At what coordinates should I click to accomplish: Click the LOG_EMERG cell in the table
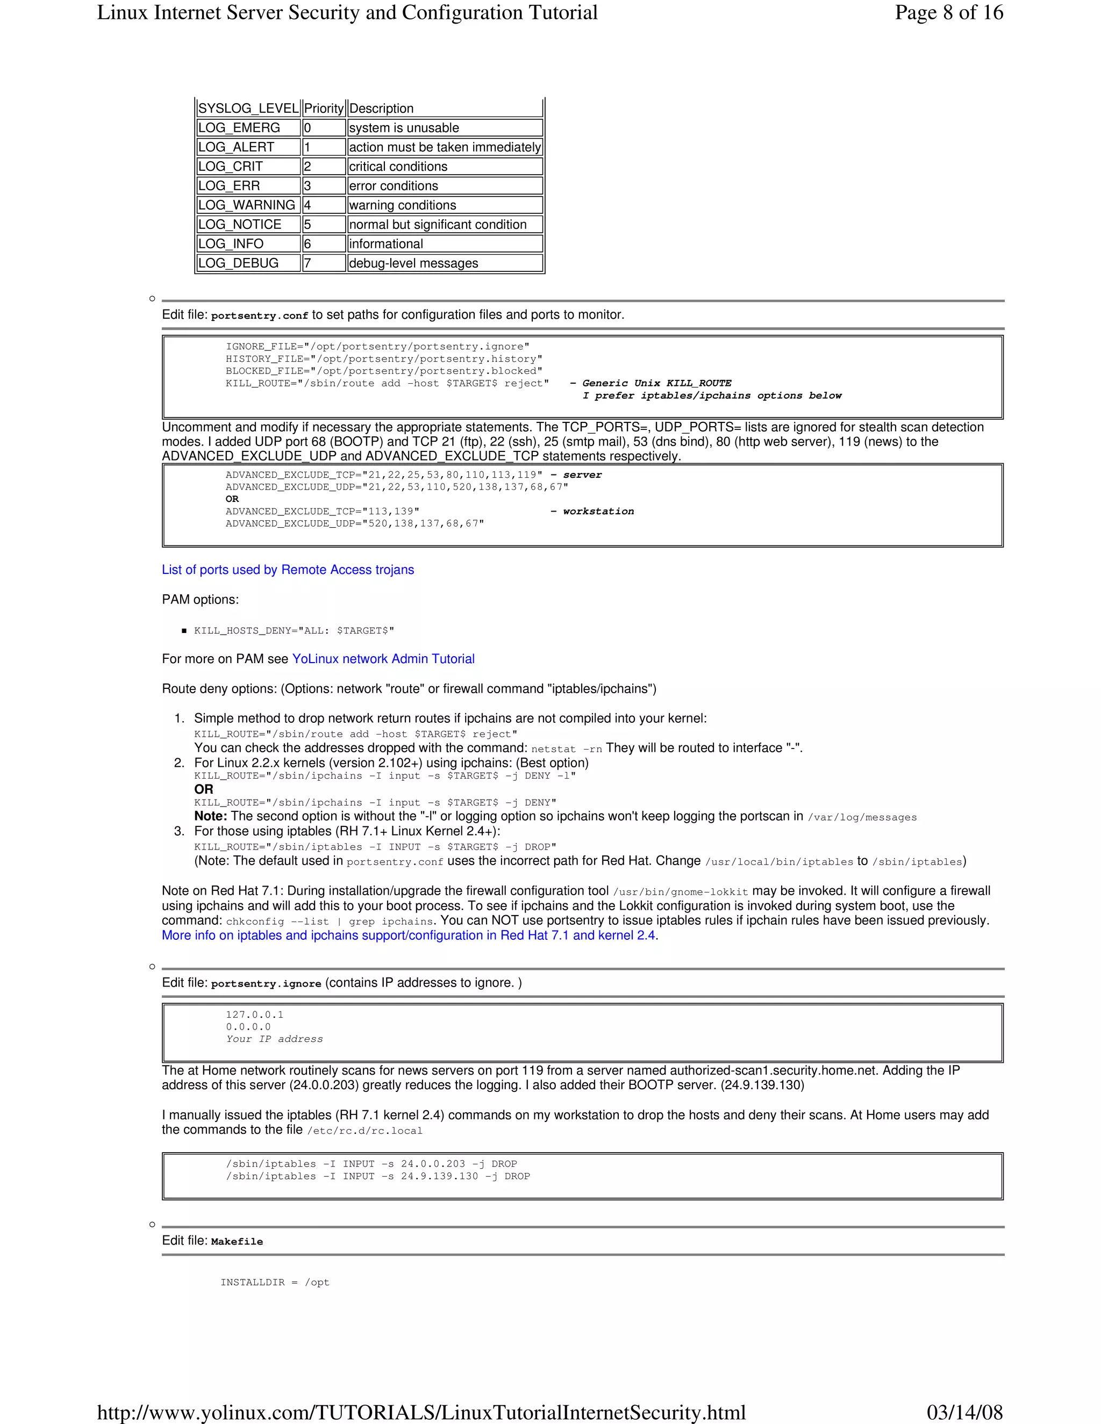coord(239,128)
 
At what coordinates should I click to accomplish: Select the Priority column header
coord(324,108)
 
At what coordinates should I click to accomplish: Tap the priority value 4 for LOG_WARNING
coord(308,205)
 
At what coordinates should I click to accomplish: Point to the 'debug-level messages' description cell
coord(413,263)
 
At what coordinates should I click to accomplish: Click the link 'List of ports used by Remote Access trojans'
coord(288,570)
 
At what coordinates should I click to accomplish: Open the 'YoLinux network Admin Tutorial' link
coord(383,659)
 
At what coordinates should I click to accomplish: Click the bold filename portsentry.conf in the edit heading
coord(259,315)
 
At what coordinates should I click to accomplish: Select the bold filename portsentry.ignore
coord(266,984)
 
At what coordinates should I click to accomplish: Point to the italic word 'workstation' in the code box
coord(598,512)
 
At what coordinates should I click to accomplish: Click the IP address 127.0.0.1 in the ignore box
coord(254,1015)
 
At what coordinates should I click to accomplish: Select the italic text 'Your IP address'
coord(274,1039)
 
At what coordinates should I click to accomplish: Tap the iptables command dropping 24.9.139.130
coord(377,1176)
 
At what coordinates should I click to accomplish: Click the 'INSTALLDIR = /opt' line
coord(275,1283)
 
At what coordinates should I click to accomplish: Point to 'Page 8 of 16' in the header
coord(948,12)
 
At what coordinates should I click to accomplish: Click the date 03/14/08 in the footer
coord(964,1412)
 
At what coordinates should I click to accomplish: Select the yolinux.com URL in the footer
coord(421,1412)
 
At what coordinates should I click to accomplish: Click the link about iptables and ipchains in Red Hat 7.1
coord(410,936)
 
